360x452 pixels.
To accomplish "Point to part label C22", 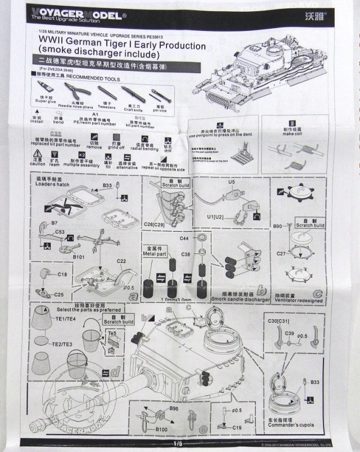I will pyautogui.click(x=121, y=260).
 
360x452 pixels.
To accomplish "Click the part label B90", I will pyautogui.click(x=277, y=226).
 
